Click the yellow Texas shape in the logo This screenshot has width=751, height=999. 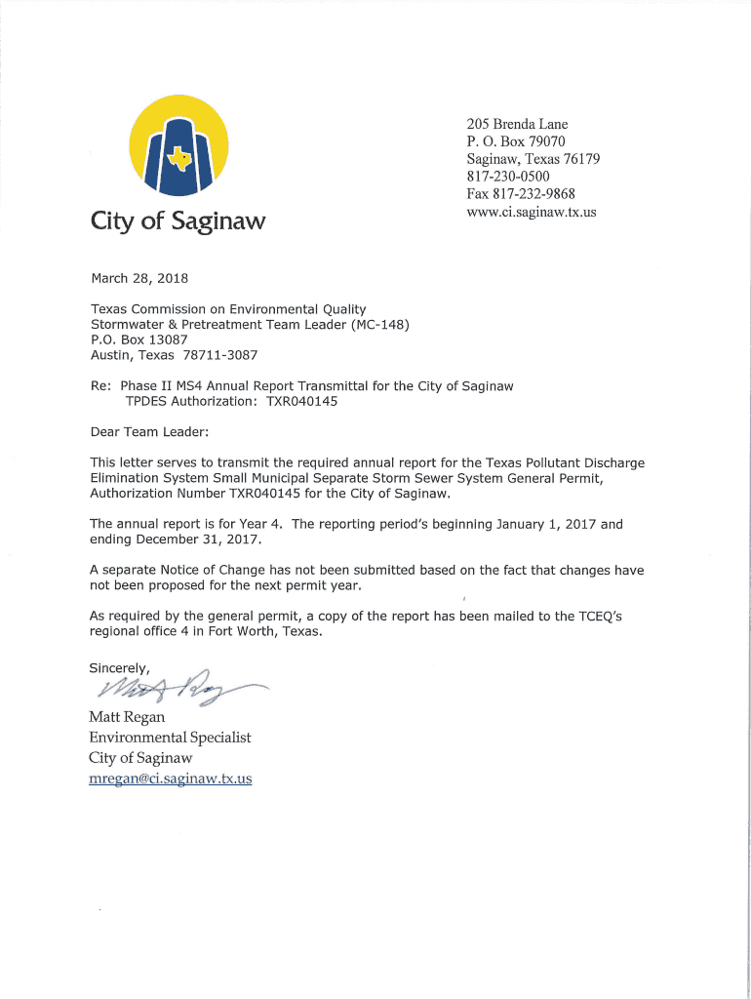178,156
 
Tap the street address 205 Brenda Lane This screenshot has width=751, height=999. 517,124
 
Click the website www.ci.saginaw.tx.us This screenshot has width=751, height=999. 532,211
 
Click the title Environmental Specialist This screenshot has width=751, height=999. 170,738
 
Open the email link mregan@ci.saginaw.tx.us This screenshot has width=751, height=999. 171,779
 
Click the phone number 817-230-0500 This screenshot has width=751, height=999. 513,176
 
